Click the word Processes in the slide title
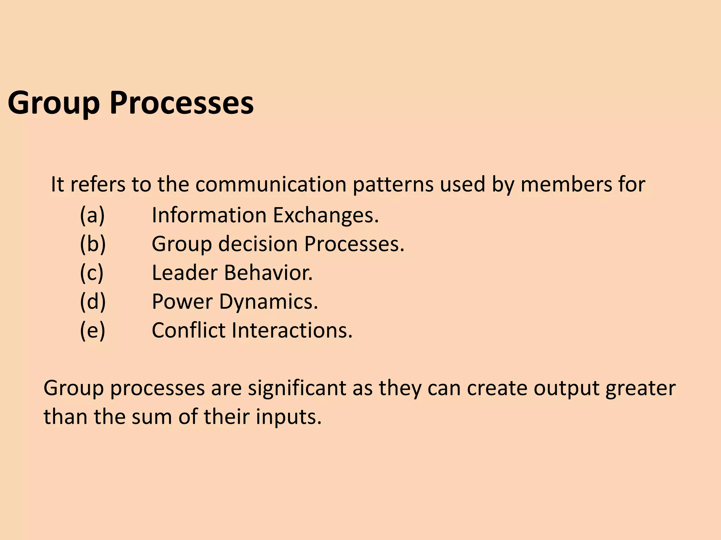(x=181, y=103)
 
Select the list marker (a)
(x=92, y=215)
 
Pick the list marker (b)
(x=93, y=244)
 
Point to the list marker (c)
(x=92, y=273)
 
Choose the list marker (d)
(x=93, y=302)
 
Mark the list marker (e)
(x=92, y=330)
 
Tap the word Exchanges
(x=325, y=216)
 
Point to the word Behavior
(x=268, y=273)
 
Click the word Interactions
(x=292, y=330)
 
